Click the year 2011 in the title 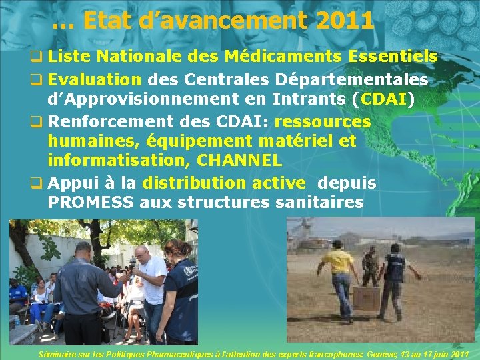345,21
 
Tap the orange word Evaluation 95,80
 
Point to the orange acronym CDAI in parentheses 384,100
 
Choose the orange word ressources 322,122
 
